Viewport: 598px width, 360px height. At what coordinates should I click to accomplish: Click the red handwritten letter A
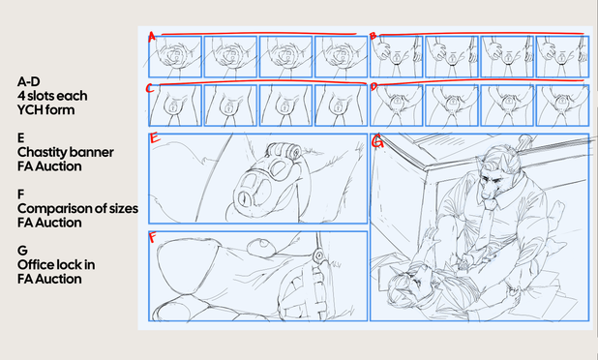click(152, 37)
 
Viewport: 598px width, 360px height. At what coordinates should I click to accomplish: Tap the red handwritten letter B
click(373, 36)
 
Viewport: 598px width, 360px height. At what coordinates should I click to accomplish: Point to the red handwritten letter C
click(150, 88)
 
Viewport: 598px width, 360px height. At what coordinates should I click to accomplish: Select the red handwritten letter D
click(374, 87)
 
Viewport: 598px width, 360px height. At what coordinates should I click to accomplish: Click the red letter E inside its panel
click(155, 137)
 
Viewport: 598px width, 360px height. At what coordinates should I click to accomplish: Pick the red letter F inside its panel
click(153, 237)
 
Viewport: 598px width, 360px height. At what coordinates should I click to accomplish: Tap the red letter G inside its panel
click(377, 142)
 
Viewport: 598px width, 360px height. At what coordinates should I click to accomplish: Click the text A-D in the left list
click(29, 81)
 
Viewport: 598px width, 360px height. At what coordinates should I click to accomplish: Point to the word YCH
click(29, 109)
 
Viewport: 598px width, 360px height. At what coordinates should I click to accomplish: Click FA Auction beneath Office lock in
click(49, 279)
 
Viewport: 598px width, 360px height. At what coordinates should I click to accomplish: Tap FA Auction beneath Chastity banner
click(49, 166)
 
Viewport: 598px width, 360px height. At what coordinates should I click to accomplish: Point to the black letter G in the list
click(22, 251)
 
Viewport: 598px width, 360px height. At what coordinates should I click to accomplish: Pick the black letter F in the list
click(20, 195)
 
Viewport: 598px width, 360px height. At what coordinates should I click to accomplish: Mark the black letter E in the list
click(20, 137)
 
